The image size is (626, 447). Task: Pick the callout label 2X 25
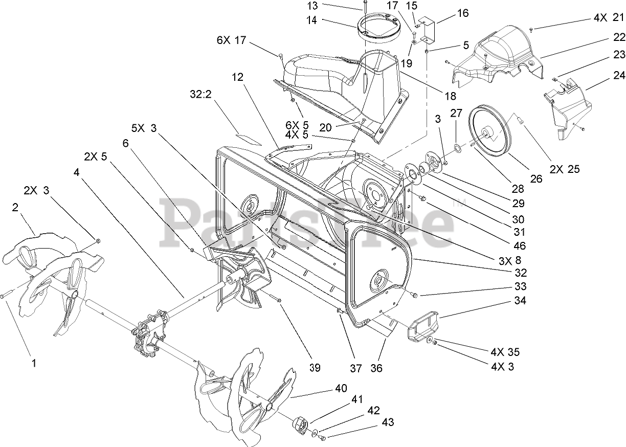(565, 169)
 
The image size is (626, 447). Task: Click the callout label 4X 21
(609, 18)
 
